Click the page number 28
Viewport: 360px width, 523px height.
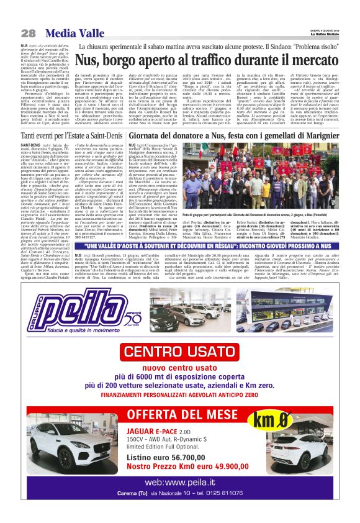click(28, 33)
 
